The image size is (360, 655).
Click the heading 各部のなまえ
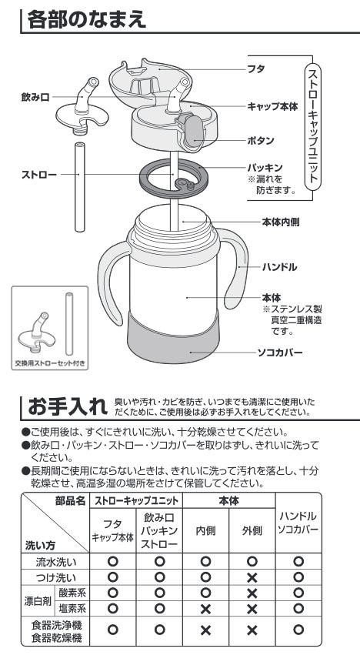(87, 19)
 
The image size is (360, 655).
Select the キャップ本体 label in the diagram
(272, 106)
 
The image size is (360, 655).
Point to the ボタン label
(261, 140)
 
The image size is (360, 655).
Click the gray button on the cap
(193, 132)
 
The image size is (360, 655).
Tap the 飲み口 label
(35, 97)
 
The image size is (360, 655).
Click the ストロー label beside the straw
(38, 174)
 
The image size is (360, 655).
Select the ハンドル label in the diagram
(279, 266)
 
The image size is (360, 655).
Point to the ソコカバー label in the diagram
(279, 353)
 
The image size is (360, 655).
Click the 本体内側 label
(280, 222)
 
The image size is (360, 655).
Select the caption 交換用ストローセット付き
(50, 363)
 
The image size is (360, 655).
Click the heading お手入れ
(68, 406)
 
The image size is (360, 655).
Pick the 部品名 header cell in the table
(70, 500)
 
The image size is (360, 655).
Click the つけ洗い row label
(55, 578)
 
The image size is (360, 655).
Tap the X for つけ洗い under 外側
(252, 578)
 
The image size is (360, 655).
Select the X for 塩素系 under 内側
(205, 609)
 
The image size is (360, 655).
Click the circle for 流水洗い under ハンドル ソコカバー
(298, 562)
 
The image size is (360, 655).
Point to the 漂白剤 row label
(38, 601)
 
